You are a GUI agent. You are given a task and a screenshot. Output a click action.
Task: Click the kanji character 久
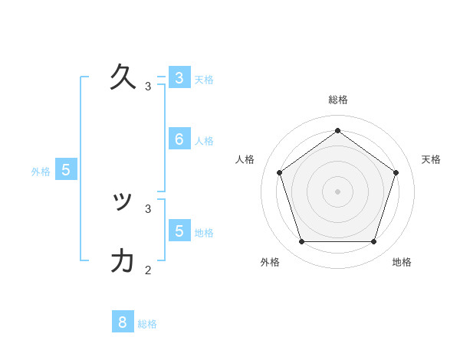(123, 77)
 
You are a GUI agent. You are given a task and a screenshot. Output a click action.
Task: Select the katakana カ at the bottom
(123, 261)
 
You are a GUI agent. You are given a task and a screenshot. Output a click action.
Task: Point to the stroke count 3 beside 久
(148, 87)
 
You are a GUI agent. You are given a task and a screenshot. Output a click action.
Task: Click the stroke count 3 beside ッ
(148, 208)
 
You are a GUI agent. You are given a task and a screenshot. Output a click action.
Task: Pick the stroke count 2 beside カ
(148, 270)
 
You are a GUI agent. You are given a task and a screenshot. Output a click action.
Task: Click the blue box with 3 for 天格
(179, 77)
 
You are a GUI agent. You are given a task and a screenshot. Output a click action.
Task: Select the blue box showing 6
(179, 139)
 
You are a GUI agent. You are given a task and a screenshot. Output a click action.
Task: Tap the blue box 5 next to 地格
(179, 230)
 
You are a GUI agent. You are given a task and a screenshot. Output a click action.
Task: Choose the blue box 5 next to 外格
(66, 170)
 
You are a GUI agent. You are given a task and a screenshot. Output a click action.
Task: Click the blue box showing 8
(123, 322)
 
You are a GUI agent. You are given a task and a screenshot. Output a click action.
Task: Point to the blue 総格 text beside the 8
(147, 324)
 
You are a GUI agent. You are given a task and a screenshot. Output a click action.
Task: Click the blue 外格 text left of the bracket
(41, 172)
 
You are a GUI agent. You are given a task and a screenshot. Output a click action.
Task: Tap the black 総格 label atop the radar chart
(338, 100)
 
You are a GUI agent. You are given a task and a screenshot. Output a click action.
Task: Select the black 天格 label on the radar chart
(431, 159)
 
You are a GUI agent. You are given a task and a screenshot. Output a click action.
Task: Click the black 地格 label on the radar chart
(402, 262)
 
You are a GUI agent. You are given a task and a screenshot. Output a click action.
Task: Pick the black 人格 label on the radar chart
(245, 159)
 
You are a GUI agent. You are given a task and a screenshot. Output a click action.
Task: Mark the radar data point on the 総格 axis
(338, 130)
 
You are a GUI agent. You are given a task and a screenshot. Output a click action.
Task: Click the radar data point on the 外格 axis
(302, 242)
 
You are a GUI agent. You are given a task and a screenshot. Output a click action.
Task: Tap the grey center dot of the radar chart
(338, 191)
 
